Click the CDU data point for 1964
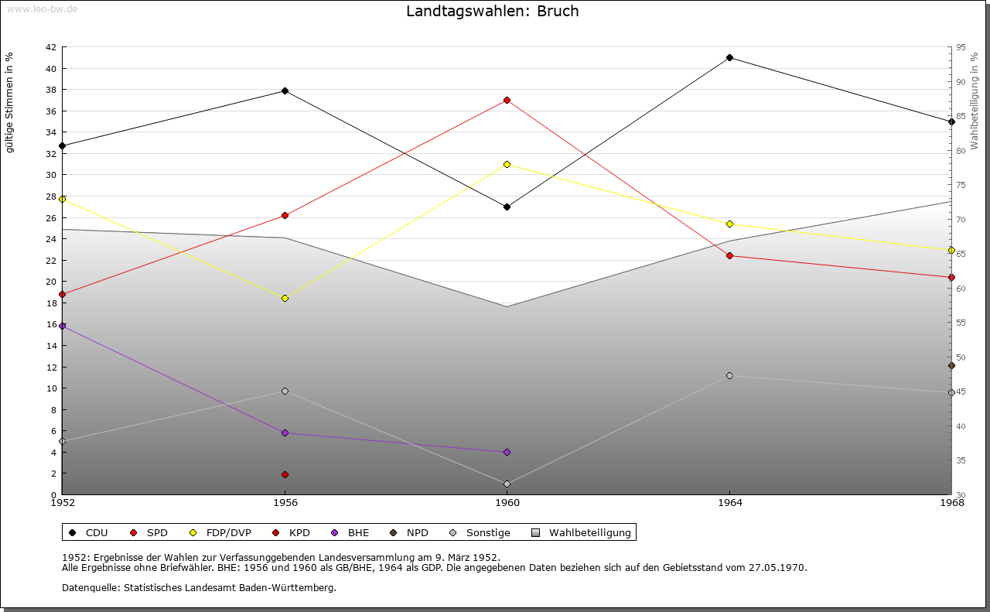coord(729,58)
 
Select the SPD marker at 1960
coord(507,100)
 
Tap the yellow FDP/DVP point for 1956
coord(285,298)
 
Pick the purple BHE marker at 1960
coord(507,452)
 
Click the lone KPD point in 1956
coord(285,474)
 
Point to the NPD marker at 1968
coord(951,366)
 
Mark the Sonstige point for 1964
coord(729,375)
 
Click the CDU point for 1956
coord(285,91)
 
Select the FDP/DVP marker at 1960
coord(507,164)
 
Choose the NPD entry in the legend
coord(417,532)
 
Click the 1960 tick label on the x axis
coord(507,503)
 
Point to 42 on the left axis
coord(50,47)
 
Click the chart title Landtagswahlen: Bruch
coord(493,12)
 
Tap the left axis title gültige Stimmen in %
coord(10,102)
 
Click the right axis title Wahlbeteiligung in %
coord(975,101)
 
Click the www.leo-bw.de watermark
coord(39,8)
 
